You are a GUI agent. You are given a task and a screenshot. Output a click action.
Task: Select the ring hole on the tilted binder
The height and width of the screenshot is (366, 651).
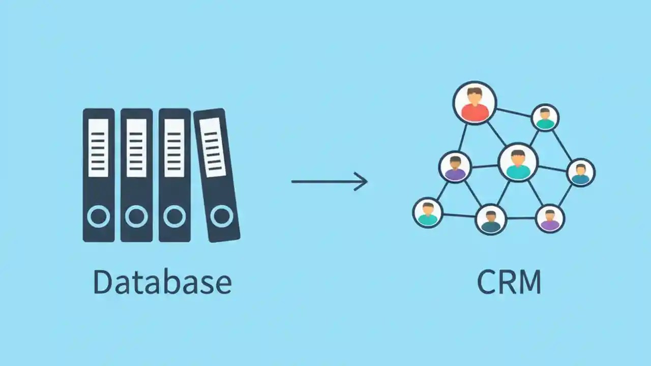coord(221,216)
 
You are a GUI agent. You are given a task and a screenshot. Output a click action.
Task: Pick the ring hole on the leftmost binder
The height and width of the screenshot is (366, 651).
coord(98,217)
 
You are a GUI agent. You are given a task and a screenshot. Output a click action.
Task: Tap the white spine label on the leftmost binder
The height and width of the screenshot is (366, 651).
coord(98,148)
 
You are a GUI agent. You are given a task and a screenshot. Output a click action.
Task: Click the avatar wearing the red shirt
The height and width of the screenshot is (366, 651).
coord(475,103)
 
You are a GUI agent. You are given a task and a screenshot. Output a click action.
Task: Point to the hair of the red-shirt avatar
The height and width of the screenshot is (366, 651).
coord(475,92)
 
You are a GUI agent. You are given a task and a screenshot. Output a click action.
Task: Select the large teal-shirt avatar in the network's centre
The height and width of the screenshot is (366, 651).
coord(518,163)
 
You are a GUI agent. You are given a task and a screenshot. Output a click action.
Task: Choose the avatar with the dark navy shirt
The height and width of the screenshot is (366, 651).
coord(491,219)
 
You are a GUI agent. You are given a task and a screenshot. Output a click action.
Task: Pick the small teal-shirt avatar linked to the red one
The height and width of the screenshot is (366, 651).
coord(545,117)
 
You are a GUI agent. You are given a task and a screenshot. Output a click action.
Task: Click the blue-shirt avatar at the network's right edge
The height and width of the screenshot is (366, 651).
coord(580,172)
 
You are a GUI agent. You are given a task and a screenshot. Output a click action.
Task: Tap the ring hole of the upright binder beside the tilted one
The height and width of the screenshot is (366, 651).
coord(174,217)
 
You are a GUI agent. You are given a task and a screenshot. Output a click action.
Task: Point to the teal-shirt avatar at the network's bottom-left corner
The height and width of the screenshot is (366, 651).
coord(428,212)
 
